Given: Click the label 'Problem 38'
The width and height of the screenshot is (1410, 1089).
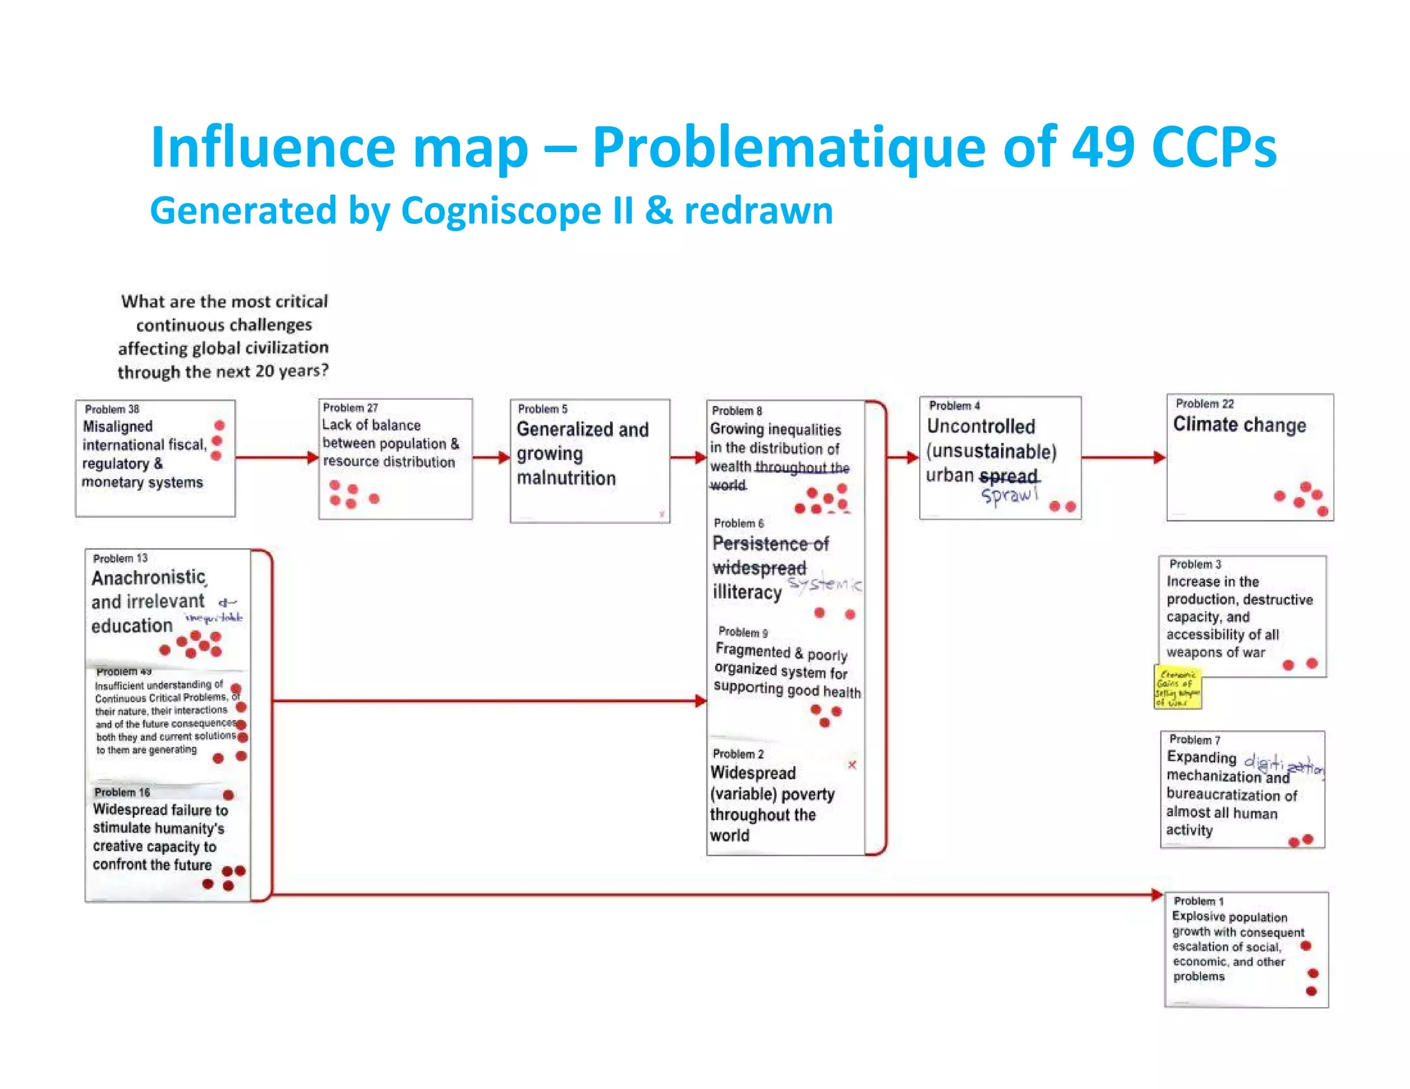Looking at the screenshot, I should pyautogui.click(x=112, y=409).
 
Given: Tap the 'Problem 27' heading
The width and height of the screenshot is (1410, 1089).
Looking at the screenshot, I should pyautogui.click(x=350, y=408).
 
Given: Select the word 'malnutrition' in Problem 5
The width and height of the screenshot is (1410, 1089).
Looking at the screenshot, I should pyautogui.click(x=566, y=478).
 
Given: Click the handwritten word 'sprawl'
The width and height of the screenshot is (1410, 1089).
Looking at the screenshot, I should pyautogui.click(x=1009, y=495).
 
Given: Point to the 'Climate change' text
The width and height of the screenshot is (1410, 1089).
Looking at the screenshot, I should pyautogui.click(x=1239, y=425).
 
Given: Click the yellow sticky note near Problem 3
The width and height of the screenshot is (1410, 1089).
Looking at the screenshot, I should pyautogui.click(x=1178, y=687).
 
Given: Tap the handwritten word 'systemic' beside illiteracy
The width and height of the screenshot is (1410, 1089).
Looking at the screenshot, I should pyautogui.click(x=825, y=584).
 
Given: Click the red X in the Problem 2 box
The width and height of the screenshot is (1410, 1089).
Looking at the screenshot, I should pyautogui.click(x=852, y=765).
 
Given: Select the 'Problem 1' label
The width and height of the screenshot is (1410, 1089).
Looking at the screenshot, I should pyautogui.click(x=1199, y=901).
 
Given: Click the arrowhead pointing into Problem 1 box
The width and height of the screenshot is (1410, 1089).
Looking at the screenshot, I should pyautogui.click(x=1157, y=895).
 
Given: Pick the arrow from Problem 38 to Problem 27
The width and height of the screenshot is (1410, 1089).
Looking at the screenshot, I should pyautogui.click(x=275, y=458).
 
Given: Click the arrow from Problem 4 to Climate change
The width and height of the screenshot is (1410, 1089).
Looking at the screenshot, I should pyautogui.click(x=1122, y=457).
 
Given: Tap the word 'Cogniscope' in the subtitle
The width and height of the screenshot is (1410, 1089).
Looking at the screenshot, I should pyautogui.click(x=501, y=211).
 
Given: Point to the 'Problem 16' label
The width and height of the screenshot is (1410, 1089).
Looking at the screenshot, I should pyautogui.click(x=122, y=792).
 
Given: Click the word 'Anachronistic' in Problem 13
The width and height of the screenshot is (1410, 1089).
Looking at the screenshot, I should pyautogui.click(x=149, y=577).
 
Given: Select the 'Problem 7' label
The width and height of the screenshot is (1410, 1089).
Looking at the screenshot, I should pyautogui.click(x=1195, y=739).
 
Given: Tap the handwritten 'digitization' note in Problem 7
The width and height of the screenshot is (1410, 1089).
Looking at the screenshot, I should pyautogui.click(x=1283, y=763).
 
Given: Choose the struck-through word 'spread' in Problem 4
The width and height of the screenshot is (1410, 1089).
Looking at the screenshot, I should pyautogui.click(x=1009, y=476).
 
